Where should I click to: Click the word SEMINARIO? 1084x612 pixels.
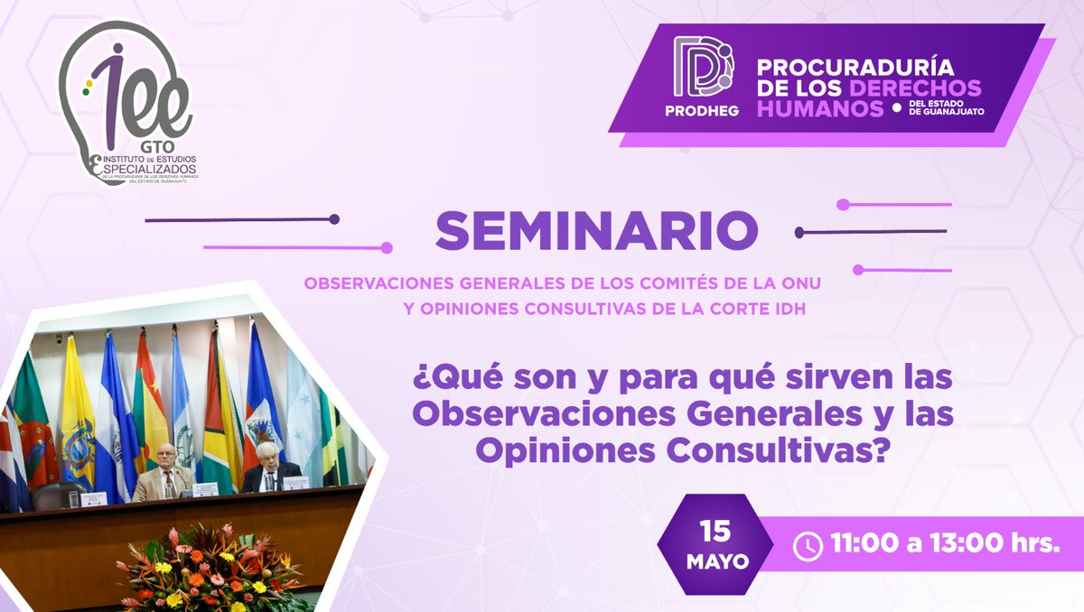[596, 231]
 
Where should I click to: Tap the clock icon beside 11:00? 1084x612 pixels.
[807, 546]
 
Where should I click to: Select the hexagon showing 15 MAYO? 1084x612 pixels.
[716, 544]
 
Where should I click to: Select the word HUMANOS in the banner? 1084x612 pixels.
[818, 109]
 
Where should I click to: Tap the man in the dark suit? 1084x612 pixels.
[268, 468]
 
